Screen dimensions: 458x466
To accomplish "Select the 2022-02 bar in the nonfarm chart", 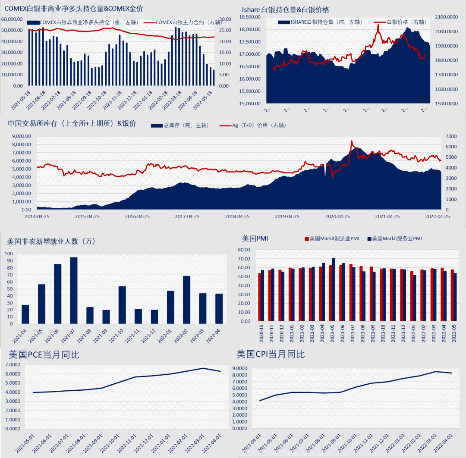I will click(187, 300).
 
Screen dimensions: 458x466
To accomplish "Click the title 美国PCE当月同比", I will click(44, 355).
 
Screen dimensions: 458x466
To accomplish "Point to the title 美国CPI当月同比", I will click(271, 354).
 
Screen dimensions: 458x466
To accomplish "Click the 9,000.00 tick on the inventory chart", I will click(21, 136).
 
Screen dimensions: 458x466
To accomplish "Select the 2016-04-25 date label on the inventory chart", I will click(137, 216).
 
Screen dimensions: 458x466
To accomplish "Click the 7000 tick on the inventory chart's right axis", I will click(451, 136).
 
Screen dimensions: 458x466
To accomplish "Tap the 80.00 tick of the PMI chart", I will click(244, 250).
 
